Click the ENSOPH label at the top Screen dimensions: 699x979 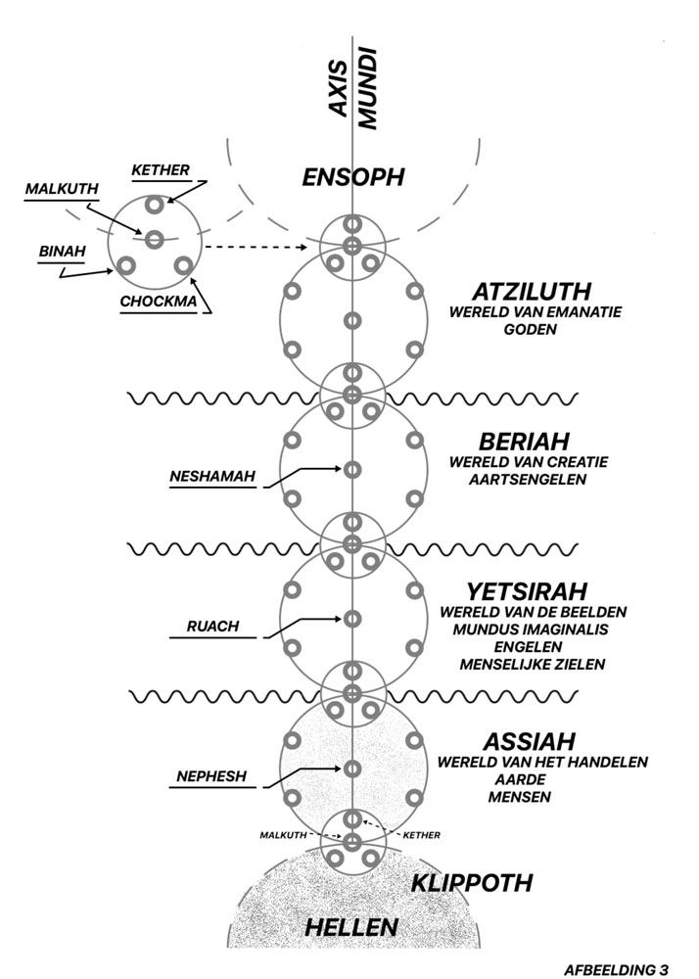(x=353, y=177)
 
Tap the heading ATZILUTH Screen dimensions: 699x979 (x=532, y=292)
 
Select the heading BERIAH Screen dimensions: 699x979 (x=525, y=442)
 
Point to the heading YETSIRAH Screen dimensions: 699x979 (x=528, y=591)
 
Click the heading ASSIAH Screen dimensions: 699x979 (x=529, y=742)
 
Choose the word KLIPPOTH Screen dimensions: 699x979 (x=472, y=883)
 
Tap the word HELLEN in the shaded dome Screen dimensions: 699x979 (x=351, y=927)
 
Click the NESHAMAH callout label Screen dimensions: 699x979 (x=212, y=477)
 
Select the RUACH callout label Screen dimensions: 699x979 (x=212, y=627)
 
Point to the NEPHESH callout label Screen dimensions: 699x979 (x=211, y=776)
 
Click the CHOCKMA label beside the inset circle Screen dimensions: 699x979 (x=159, y=302)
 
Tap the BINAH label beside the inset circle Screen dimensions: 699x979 (x=63, y=252)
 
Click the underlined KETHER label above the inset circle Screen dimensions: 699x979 (x=161, y=169)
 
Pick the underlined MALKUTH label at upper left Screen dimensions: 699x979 (x=62, y=189)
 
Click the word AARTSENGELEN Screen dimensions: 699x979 (x=528, y=480)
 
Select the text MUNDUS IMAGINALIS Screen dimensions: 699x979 (x=531, y=629)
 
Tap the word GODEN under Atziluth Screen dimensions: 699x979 (x=530, y=329)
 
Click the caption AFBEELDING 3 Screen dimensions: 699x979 (x=616, y=969)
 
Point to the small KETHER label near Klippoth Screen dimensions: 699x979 (x=422, y=835)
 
